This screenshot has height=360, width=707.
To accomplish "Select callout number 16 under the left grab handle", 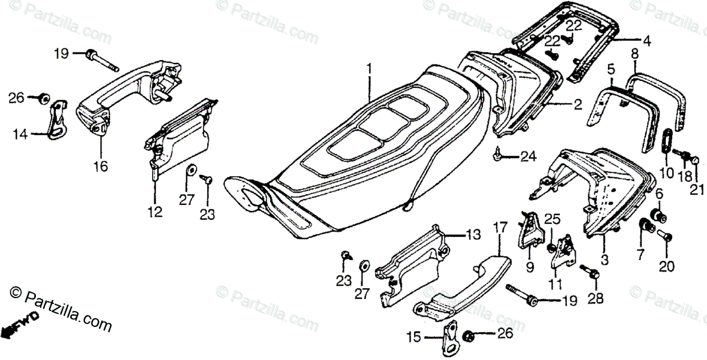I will tap(100, 167).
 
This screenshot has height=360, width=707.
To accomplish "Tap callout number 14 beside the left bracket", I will tap(21, 134).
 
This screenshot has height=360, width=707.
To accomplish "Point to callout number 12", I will tap(155, 212).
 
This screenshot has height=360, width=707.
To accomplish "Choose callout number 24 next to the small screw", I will tap(528, 156).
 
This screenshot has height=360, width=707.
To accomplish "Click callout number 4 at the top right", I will tap(646, 41).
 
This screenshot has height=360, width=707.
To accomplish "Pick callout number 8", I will tap(635, 55).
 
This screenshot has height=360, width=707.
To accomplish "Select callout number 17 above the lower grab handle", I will tap(500, 226).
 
